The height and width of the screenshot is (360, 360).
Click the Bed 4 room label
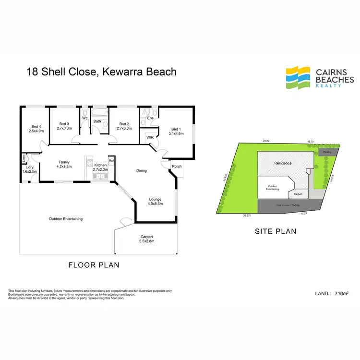(x=36, y=126)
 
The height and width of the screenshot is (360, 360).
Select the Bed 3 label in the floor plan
(x=64, y=123)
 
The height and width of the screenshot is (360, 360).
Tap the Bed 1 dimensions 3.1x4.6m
(x=177, y=134)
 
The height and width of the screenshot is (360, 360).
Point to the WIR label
(x=149, y=138)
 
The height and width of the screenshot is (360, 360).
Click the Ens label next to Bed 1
(x=150, y=118)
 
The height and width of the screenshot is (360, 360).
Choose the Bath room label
(x=97, y=121)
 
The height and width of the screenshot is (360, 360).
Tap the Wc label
(x=84, y=118)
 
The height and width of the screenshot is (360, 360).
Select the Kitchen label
(x=100, y=165)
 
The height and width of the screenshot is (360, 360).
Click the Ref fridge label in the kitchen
(x=111, y=161)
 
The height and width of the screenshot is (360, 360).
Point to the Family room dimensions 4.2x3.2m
(x=64, y=167)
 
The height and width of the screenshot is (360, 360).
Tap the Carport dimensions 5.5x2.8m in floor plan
(x=146, y=242)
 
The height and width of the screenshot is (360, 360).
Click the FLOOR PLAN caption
(x=94, y=264)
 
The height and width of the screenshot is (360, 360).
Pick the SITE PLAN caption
(x=275, y=231)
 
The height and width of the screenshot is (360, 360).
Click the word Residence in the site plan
(x=283, y=163)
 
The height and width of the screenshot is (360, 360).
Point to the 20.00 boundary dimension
(x=266, y=141)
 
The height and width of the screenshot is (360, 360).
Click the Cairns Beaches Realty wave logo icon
(x=299, y=77)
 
